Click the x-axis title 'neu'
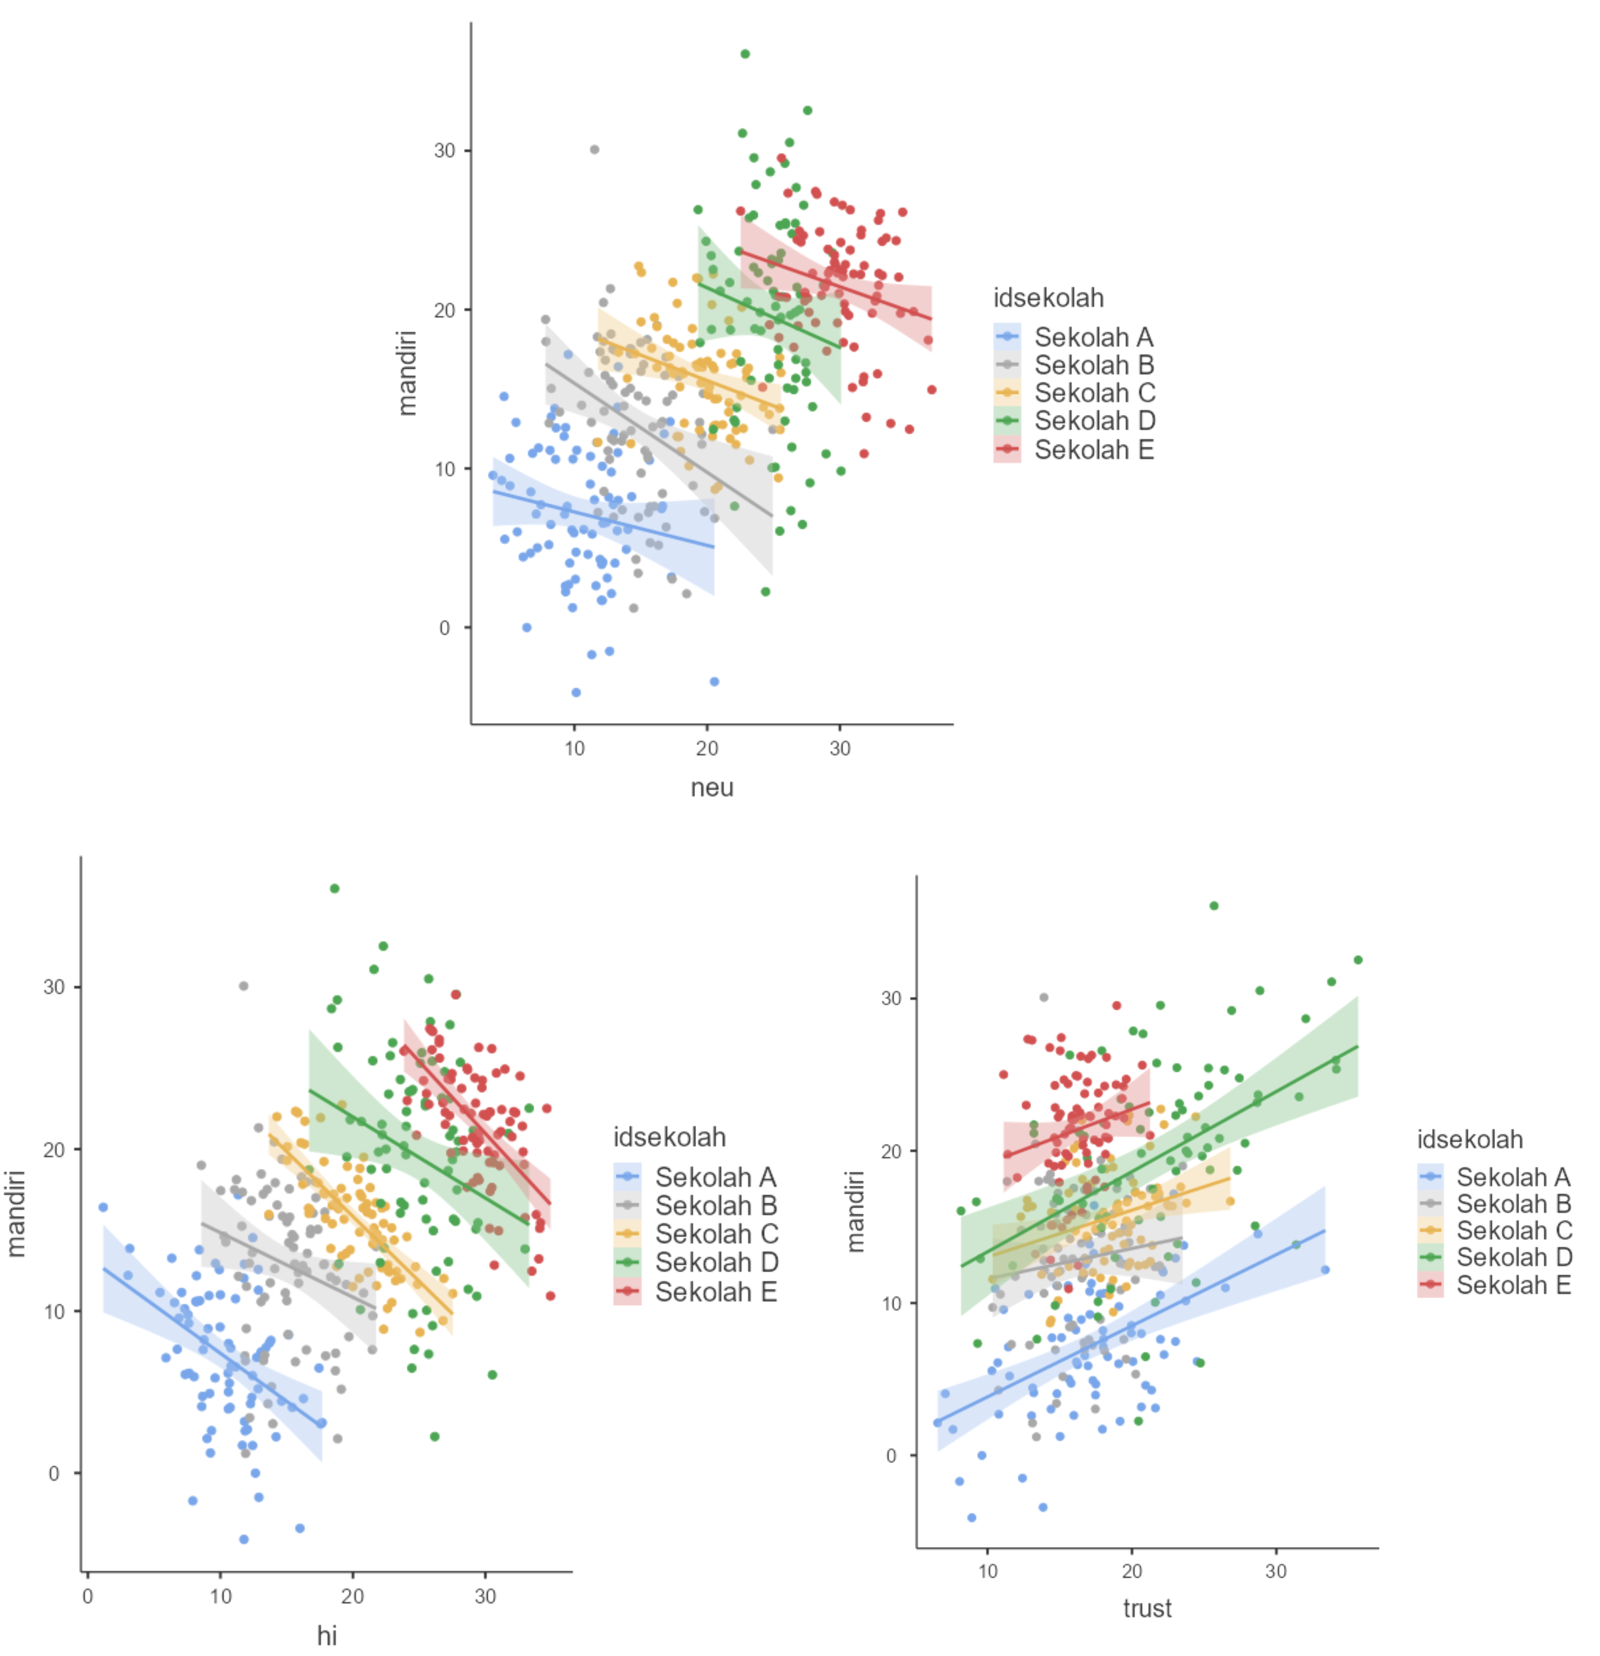pyautogui.click(x=712, y=788)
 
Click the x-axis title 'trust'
pyautogui.click(x=1147, y=1608)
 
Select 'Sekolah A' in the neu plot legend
pyautogui.click(x=1093, y=337)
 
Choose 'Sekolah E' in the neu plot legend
pyautogui.click(x=1093, y=450)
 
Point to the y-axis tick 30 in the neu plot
pyautogui.click(x=444, y=150)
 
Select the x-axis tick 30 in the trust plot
pyautogui.click(x=1276, y=1571)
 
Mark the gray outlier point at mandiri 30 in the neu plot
pyautogui.click(x=595, y=150)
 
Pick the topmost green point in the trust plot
pyautogui.click(x=1214, y=906)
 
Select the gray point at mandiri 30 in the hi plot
pyautogui.click(x=243, y=986)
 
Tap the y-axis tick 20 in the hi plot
pyautogui.click(x=53, y=1150)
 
